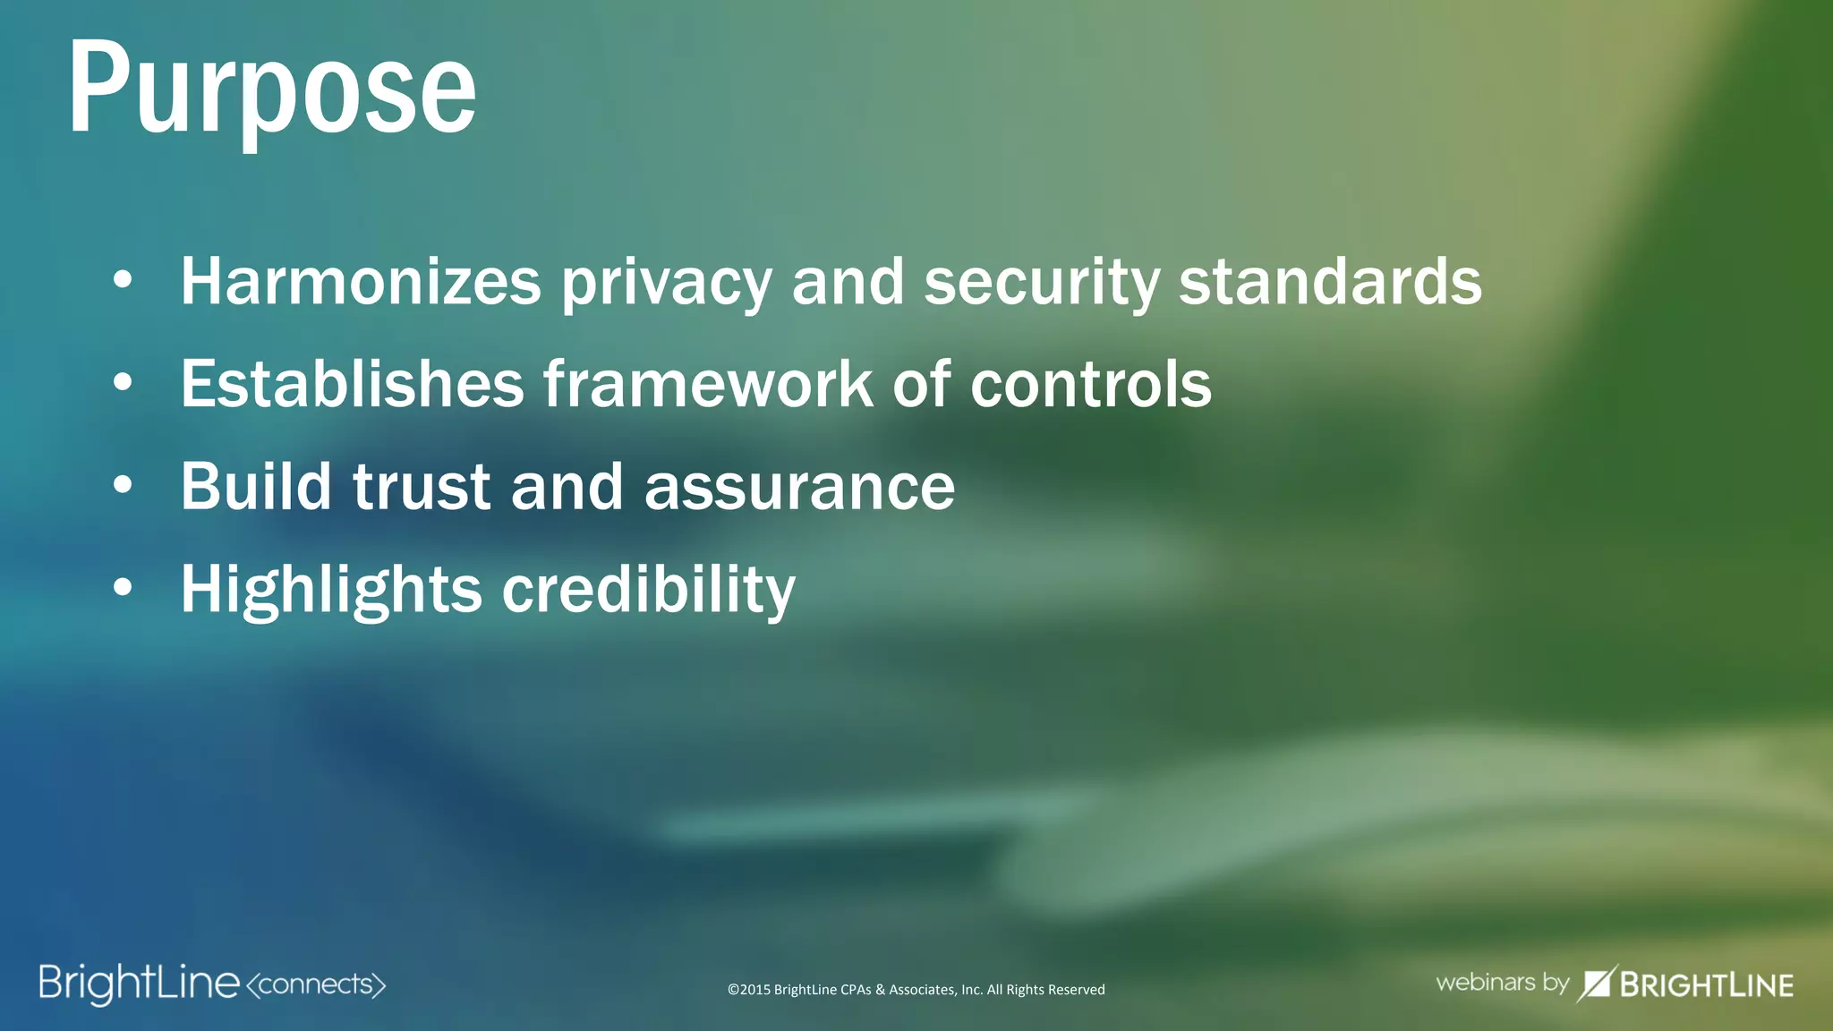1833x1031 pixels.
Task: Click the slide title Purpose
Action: pyautogui.click(x=272, y=89)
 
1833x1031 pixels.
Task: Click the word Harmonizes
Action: pyautogui.click(x=361, y=282)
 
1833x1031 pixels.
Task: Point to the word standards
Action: pyautogui.click(x=1330, y=282)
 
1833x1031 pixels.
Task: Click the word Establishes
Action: pyautogui.click(x=352, y=384)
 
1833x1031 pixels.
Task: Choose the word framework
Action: pyautogui.click(x=707, y=384)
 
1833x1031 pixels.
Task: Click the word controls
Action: pyautogui.click(x=1090, y=384)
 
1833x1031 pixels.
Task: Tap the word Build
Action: pyautogui.click(x=256, y=487)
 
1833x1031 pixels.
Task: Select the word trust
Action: pyautogui.click(x=422, y=489)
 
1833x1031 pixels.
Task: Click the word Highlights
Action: pyautogui.click(x=331, y=591)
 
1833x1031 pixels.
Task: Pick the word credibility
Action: pyautogui.click(x=648, y=591)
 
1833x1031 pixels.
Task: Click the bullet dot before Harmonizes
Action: pyautogui.click(x=124, y=281)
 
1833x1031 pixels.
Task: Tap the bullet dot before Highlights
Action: pyautogui.click(x=124, y=588)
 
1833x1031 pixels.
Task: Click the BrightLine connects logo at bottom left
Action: pyautogui.click(x=139, y=984)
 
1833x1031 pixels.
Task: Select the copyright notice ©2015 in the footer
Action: pyautogui.click(x=916, y=990)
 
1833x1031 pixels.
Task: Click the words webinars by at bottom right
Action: pyautogui.click(x=1502, y=983)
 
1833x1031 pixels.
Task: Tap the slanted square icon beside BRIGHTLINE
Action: pyautogui.click(x=1596, y=984)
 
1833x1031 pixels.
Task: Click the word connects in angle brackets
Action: pyautogui.click(x=315, y=984)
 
